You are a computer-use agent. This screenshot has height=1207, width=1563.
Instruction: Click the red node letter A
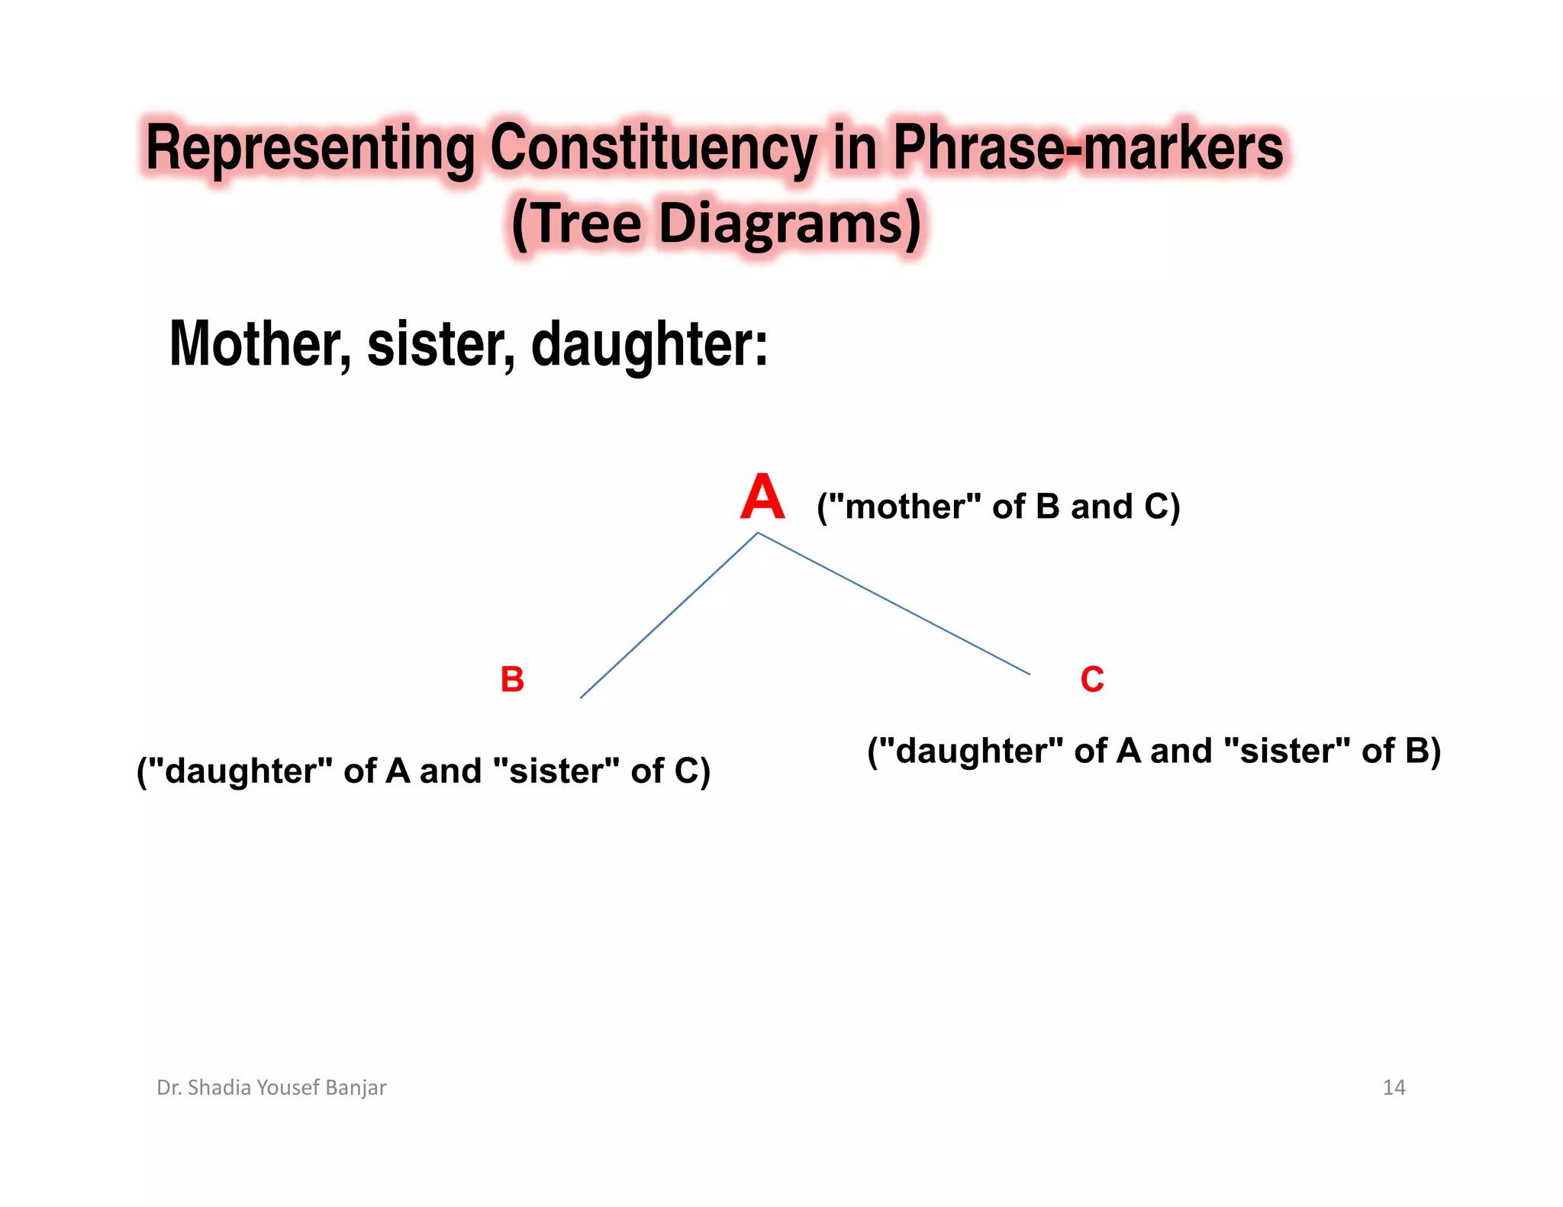762,497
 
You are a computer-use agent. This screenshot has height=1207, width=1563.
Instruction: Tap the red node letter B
512,679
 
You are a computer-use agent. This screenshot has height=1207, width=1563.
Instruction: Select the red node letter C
1092,679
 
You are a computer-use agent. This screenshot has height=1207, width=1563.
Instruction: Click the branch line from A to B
669,615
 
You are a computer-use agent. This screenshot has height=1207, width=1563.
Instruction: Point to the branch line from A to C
894,603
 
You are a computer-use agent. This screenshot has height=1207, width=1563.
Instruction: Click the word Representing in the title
310,148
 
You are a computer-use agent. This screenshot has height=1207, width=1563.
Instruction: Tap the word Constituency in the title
653,148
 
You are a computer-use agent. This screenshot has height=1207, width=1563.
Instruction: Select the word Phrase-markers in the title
1088,148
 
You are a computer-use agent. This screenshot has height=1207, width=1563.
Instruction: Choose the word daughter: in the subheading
649,345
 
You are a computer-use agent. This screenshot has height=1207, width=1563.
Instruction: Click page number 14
1394,1087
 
